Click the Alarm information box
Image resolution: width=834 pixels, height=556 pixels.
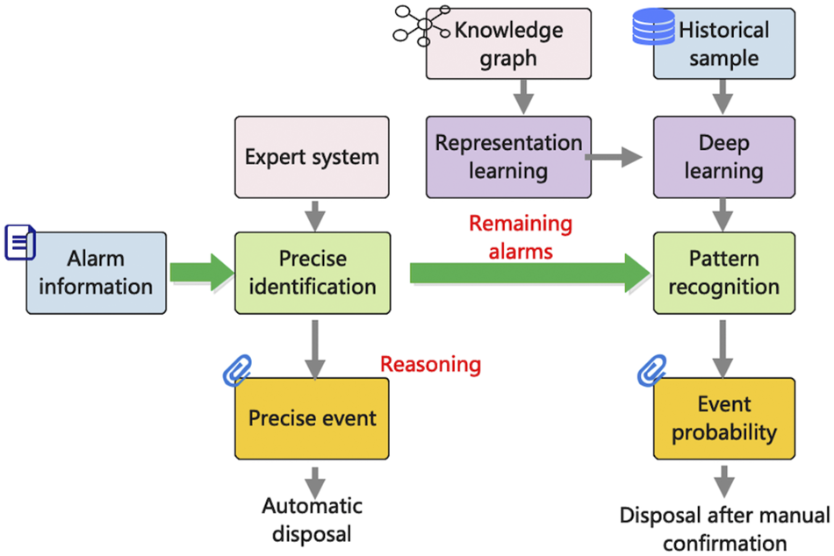tap(97, 273)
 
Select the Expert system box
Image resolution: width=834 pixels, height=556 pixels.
tap(312, 158)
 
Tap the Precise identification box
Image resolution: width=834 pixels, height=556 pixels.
tap(312, 273)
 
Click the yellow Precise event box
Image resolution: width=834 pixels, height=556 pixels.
tap(312, 418)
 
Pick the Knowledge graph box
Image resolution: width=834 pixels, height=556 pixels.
tap(507, 45)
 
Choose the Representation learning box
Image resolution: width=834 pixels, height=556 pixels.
tap(507, 156)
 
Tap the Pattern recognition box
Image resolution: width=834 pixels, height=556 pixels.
tap(723, 273)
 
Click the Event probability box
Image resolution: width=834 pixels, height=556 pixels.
tap(723, 418)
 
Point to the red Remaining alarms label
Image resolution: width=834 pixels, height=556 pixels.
tap(520, 237)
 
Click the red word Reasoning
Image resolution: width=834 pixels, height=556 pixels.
tap(430, 363)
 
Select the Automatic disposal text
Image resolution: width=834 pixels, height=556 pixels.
tap(312, 519)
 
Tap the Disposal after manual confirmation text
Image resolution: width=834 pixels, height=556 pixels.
tap(723, 529)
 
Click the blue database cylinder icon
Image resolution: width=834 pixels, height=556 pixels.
tap(652, 27)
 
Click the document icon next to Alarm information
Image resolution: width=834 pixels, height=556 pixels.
tap(19, 242)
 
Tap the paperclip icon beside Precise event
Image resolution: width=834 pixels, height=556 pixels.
tap(237, 371)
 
